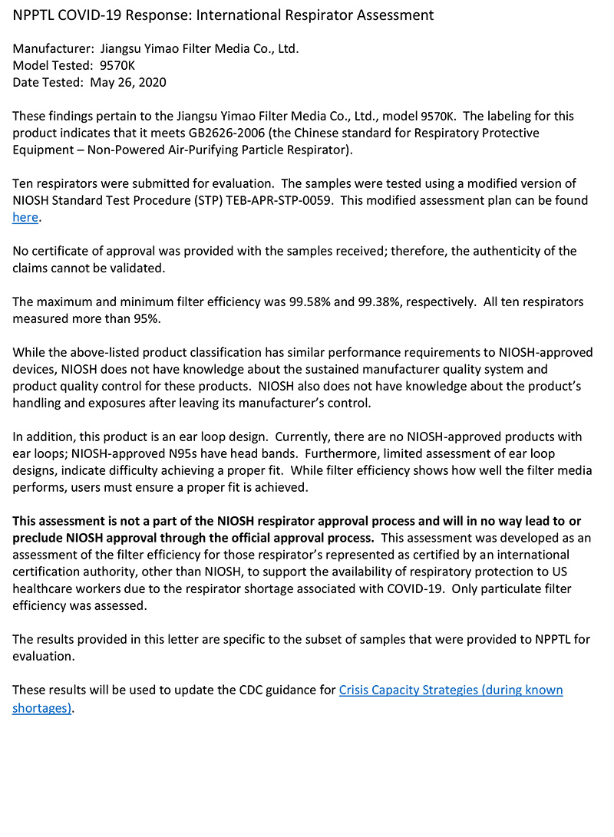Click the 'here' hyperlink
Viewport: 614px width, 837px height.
25,217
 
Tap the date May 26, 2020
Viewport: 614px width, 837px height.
127,82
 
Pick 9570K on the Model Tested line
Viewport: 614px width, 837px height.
117,65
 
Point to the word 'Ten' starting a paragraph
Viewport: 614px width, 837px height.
23,183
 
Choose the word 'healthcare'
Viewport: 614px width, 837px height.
48,588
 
